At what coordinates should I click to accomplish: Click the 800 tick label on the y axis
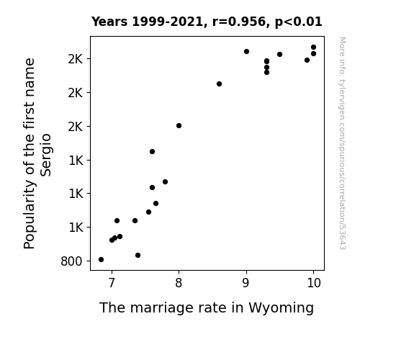click(71, 261)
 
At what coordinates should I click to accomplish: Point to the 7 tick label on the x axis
click(112, 283)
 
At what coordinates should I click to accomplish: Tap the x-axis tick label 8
click(179, 283)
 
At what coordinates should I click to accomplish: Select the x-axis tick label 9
click(246, 283)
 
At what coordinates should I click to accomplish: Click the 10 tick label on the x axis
click(314, 283)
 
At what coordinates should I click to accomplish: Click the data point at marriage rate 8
click(179, 125)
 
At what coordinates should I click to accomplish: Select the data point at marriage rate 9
click(246, 51)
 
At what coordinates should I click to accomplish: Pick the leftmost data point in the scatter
click(101, 260)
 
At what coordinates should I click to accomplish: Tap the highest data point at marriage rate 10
click(313, 48)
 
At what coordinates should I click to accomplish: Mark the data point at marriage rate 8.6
click(219, 84)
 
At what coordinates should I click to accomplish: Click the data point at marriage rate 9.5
click(279, 55)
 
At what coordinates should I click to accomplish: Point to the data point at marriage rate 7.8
click(166, 181)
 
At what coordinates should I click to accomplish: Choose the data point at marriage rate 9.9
click(307, 60)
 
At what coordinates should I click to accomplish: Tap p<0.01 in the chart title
click(299, 22)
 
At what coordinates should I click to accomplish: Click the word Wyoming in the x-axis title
click(281, 308)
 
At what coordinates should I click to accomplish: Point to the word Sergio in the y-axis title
click(46, 155)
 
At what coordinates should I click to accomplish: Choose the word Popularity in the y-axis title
click(29, 215)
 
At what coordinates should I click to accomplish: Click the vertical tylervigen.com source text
click(342, 143)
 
